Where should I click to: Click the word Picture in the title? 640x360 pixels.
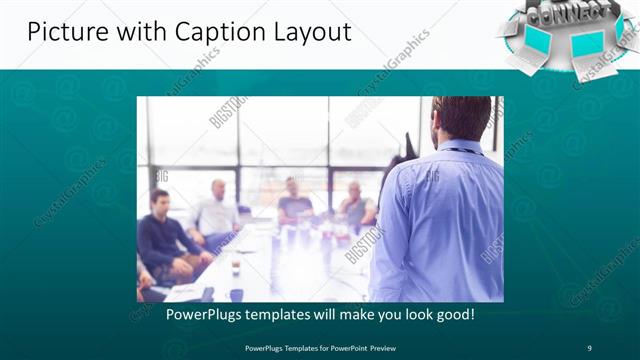coord(62,32)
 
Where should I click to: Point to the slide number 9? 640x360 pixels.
coord(589,348)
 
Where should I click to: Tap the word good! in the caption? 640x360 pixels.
coord(453,314)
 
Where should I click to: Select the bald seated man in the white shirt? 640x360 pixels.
coord(216,210)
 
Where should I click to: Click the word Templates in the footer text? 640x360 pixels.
coord(293,348)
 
